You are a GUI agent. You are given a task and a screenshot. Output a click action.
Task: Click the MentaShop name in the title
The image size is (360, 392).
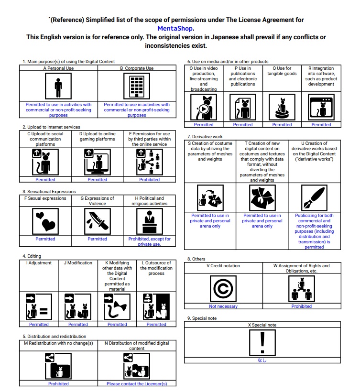(x=175, y=28)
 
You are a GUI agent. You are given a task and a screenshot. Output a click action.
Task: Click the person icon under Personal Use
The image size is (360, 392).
(x=58, y=87)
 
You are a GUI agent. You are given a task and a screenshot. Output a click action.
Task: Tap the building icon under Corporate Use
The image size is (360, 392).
(x=137, y=87)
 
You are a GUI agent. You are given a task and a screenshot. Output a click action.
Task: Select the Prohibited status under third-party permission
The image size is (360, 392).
(x=150, y=180)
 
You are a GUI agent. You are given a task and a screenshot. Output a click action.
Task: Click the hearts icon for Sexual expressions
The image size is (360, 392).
(x=45, y=221)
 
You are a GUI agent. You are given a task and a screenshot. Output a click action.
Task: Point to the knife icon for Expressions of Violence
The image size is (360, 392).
(x=98, y=221)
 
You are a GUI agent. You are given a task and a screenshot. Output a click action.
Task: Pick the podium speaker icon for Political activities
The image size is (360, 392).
(x=149, y=221)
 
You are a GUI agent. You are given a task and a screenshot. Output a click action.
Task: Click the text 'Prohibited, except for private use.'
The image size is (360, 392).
(x=149, y=241)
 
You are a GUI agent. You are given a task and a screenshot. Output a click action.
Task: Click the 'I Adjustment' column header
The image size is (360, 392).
(x=39, y=262)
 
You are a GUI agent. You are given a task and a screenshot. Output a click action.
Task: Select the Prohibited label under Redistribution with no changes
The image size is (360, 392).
(x=58, y=383)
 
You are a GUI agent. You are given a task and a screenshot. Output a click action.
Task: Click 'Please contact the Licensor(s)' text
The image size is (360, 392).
(x=137, y=383)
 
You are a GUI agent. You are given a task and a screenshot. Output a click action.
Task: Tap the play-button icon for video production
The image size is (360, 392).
(x=204, y=108)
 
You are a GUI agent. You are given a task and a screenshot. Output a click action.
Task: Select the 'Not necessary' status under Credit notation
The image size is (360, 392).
(x=223, y=306)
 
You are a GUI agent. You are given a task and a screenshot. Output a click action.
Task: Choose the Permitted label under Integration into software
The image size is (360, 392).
(x=321, y=125)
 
